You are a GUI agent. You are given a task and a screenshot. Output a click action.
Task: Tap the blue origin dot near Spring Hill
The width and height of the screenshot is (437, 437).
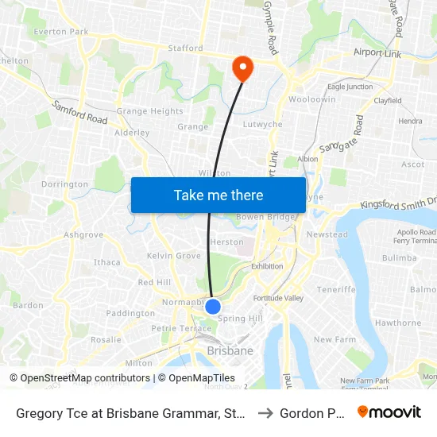coord(213,306)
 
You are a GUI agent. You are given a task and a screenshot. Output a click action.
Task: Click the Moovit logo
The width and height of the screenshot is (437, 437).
coord(389,412)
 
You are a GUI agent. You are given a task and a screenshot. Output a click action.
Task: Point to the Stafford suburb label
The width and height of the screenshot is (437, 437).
coord(185,48)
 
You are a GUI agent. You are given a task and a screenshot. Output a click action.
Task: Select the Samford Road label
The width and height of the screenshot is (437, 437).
coord(79,112)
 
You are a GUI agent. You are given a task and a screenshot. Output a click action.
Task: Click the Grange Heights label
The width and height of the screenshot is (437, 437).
coord(149,112)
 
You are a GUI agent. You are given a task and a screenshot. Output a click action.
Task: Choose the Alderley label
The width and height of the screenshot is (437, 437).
coord(132,133)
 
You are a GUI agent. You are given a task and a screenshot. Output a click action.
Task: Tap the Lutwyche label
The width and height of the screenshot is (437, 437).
coord(263,125)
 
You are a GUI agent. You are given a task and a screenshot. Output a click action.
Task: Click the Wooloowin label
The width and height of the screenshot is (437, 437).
coord(312,100)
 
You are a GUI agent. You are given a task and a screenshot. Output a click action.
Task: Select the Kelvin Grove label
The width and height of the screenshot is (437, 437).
coord(173,256)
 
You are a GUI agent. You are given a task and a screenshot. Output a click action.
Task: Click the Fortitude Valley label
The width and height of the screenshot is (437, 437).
coord(278,298)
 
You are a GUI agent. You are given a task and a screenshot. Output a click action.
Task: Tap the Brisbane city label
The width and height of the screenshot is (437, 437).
coord(230,350)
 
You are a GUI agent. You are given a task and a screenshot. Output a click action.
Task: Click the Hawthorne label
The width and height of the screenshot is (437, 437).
coord(397,323)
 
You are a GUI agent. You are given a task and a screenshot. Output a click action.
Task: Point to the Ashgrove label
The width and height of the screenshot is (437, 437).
coord(83,235)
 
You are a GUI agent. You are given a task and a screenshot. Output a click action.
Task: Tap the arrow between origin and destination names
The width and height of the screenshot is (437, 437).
coord(265,412)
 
